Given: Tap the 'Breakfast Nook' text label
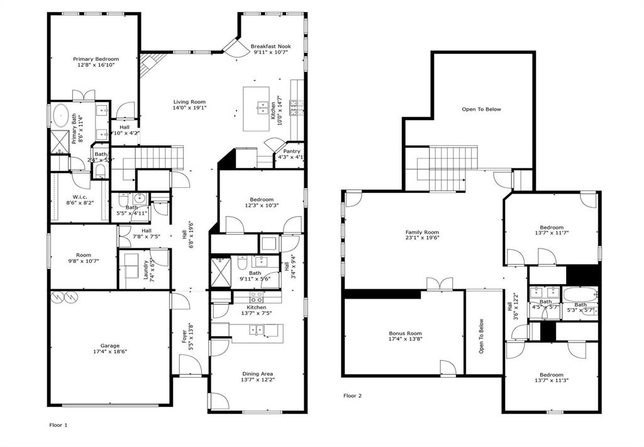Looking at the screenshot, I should point(270,47).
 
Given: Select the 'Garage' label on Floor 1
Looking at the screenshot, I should point(110,345).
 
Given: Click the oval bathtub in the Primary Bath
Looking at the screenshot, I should point(61,117).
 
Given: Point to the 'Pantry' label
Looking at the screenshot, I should point(292,151).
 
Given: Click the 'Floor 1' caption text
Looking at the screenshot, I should point(58,425).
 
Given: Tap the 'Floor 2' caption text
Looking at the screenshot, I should point(352,395).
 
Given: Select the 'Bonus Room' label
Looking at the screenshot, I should point(406,333).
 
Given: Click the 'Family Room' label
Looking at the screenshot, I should point(422,232).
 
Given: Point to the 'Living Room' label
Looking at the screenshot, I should point(190,102).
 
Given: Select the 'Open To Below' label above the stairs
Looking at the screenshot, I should point(481,109).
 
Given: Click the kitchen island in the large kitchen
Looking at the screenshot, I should point(256,108).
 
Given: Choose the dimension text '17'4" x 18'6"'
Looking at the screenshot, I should point(110,352).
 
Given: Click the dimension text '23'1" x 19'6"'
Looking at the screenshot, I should point(422,238).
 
